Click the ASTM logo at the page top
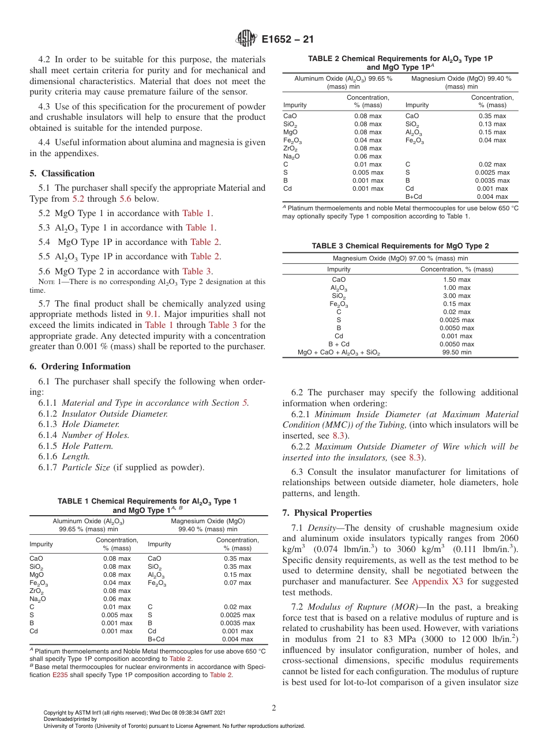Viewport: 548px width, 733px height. pos(246,39)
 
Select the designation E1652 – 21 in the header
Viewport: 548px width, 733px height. pos(287,39)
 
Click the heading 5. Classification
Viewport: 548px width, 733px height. pos(62,173)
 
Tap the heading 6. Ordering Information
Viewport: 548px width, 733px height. pos(80,366)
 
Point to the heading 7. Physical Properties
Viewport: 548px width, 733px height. pos(327,513)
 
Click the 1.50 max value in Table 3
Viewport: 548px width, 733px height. pos(456,279)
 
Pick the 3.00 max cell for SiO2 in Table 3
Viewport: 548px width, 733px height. pos(456,296)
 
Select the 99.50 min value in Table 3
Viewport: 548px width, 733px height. pos(456,352)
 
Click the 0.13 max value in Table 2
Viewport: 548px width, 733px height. pos(492,124)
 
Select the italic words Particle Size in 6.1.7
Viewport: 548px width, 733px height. pos(86,467)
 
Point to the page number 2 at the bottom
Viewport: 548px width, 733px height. pos(273,708)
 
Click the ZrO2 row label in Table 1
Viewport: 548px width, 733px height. pos(36,591)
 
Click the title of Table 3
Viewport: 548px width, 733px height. pos(400,246)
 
